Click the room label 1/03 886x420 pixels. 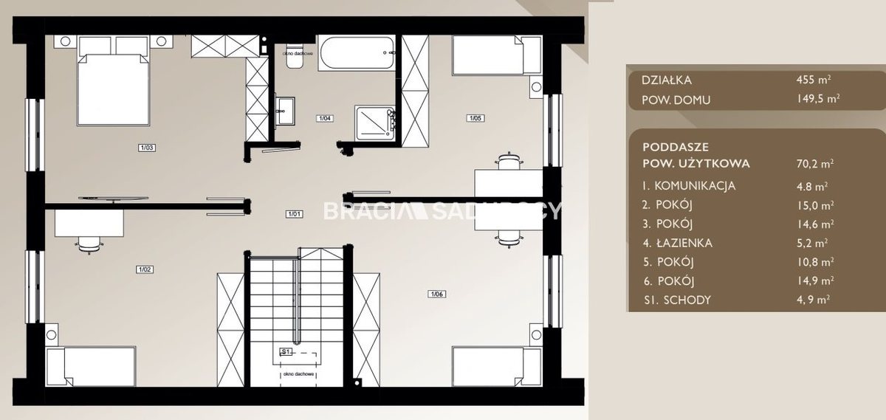coord(146,148)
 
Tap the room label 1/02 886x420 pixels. coord(145,269)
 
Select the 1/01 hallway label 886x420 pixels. coord(295,214)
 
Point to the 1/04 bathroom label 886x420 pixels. coord(325,118)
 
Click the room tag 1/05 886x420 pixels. coord(475,118)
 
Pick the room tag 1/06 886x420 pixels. coord(436,295)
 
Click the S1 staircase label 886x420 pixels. coord(286,351)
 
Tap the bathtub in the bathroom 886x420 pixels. coord(357,53)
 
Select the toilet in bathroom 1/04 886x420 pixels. coord(292,60)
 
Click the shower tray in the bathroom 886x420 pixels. coord(374,123)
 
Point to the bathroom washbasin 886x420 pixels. coord(284,111)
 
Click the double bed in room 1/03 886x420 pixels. coord(113,80)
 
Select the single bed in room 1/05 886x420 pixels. coord(497,55)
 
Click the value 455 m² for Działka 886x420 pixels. coord(814,80)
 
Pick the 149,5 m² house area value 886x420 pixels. coord(818,98)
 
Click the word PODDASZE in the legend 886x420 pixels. coord(676,147)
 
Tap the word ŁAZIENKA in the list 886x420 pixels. coord(684,243)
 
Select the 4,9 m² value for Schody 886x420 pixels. coord(813,300)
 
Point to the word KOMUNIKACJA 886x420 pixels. coord(695,186)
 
